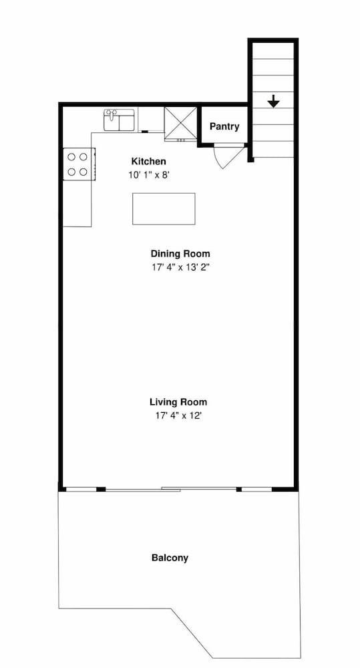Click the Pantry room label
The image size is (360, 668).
click(224, 126)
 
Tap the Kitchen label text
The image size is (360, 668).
click(148, 162)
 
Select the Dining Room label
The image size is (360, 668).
click(180, 254)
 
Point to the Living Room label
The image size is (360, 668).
click(178, 401)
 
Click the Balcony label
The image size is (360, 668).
click(170, 558)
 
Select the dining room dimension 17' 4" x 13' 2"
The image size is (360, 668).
click(180, 268)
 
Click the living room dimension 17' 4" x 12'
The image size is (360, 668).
click(178, 415)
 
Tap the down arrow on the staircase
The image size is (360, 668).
click(273, 102)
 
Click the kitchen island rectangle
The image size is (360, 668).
click(164, 208)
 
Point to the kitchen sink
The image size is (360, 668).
click(120, 120)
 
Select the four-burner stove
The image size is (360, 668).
click(79, 164)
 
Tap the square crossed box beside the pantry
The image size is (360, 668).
click(180, 123)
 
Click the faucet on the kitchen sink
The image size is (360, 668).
click(112, 114)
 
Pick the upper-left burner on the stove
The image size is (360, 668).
click(71, 157)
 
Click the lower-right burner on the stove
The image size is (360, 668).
click(83, 172)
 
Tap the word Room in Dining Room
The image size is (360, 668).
click(196, 254)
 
